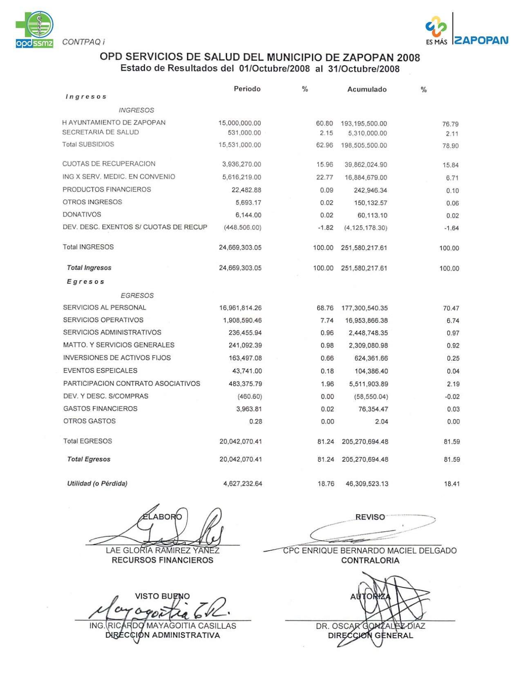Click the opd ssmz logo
35,29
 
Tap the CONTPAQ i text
83,42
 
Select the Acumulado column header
367,90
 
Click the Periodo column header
247,89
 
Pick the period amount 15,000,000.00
239,123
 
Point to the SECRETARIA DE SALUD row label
101,133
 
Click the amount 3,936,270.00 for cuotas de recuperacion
241,164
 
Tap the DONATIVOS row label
82,215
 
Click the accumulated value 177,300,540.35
364,308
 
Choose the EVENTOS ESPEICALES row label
100,371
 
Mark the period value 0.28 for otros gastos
256,422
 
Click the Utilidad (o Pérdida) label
97,484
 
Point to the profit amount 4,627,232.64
243,484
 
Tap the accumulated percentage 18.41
452,484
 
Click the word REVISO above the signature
370,517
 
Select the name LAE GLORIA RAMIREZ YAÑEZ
163,551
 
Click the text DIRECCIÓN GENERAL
370,636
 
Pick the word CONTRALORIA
370,561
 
